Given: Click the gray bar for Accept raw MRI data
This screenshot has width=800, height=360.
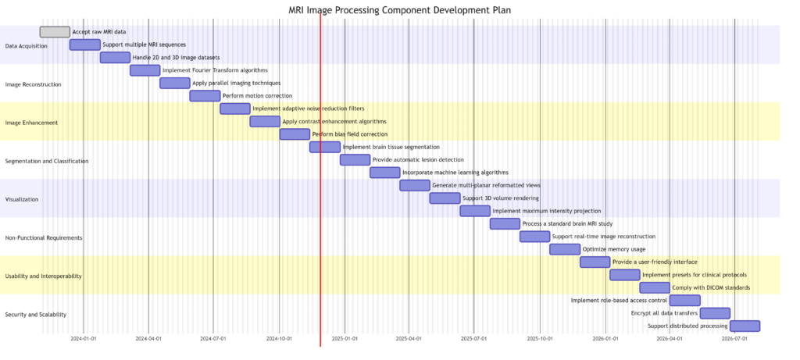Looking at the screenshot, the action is (55, 31).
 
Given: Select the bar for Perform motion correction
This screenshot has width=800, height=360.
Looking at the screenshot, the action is (205, 96).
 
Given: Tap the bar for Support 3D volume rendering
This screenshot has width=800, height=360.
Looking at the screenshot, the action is (445, 198).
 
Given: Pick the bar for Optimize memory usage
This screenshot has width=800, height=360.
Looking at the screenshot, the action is (565, 249).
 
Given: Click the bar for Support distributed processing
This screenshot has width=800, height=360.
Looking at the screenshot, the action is (745, 326).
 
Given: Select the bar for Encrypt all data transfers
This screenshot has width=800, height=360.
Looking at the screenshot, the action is (715, 313).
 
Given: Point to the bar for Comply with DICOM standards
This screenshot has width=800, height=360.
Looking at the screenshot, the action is (655, 287).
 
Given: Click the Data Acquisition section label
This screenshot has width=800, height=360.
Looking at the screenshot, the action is (26, 46).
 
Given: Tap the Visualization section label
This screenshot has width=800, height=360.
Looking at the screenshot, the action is (21, 199).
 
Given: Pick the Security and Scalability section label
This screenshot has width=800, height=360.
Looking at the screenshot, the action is (36, 315).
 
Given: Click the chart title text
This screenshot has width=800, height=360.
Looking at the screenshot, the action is (399, 10).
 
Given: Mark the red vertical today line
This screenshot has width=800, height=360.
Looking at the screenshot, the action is (320, 180).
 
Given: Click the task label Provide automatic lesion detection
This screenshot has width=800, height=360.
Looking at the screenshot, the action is (419, 159).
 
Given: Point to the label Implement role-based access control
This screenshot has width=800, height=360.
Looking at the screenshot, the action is (619, 301).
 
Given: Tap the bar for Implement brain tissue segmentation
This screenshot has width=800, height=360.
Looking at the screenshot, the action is (325, 147).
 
